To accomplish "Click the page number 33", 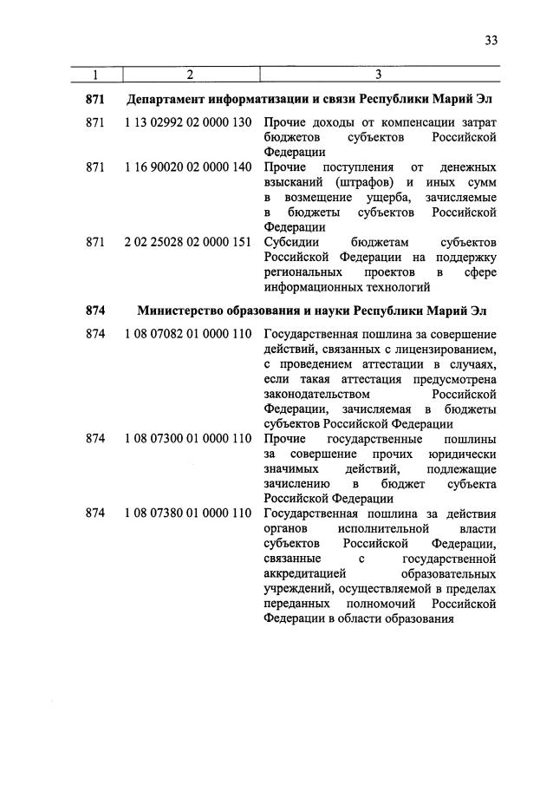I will (x=491, y=40).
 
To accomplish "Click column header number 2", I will (x=189, y=75).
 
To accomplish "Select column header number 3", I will (x=379, y=75).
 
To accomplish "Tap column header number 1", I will (x=94, y=75).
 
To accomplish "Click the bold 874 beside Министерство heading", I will (x=95, y=310).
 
